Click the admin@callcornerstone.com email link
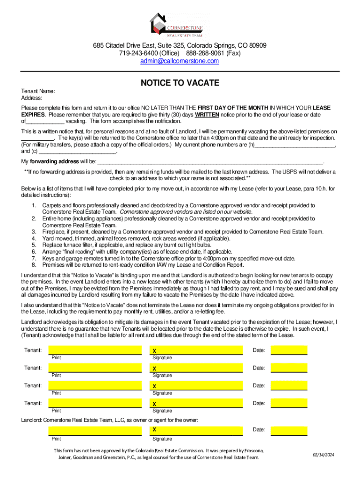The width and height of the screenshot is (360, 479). [x=180, y=61]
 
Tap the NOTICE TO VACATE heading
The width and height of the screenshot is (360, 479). [x=180, y=83]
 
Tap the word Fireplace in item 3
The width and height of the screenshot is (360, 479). [x=55, y=231]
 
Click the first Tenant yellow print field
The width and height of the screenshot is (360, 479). [x=95, y=350]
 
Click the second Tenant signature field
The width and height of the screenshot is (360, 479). [x=196, y=368]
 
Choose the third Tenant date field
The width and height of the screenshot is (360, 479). [x=288, y=385]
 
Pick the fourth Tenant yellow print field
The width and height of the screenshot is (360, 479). [x=95, y=403]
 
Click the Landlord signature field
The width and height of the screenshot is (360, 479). [x=196, y=430]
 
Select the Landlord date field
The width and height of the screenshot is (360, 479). [x=288, y=430]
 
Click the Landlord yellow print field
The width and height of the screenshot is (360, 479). [x=95, y=430]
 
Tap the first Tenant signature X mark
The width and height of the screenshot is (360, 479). [x=154, y=351]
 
